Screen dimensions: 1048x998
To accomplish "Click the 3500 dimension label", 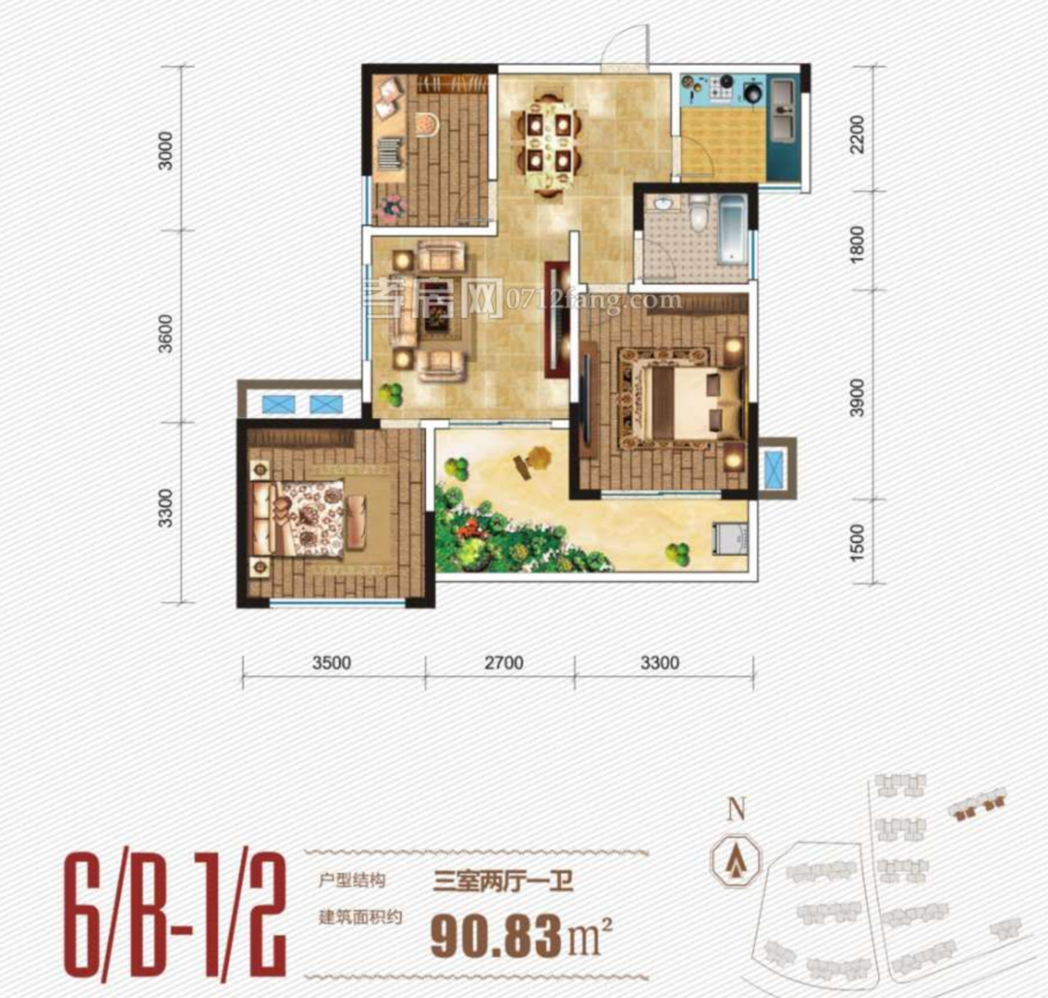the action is click(332, 663).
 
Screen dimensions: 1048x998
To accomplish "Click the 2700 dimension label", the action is click(504, 663).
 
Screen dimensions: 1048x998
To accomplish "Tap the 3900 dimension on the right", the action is click(857, 397).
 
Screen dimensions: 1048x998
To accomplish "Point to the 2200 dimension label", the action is click(857, 134).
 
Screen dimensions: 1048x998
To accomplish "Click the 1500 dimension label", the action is click(857, 542).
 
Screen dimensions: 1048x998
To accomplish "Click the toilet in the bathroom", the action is click(698, 211).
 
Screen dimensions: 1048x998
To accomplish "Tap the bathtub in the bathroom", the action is click(732, 228).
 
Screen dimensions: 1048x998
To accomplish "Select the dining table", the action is click(546, 144).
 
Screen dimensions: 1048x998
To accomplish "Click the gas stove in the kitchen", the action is click(721, 85).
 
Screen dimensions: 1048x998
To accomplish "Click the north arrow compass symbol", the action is click(736, 859).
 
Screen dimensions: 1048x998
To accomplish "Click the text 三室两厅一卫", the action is click(503, 881).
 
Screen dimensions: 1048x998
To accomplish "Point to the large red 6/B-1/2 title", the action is click(175, 912).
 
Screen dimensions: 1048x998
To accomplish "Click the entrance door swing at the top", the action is click(625, 46).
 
